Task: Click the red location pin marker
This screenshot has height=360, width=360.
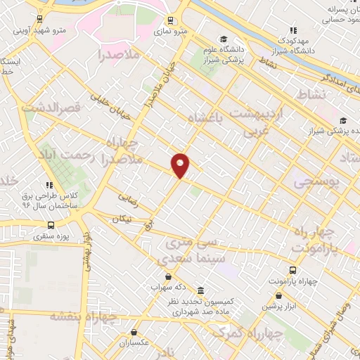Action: tap(181, 165)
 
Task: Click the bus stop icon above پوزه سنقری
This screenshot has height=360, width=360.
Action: tap(50, 225)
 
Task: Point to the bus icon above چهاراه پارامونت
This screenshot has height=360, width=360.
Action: tap(292, 270)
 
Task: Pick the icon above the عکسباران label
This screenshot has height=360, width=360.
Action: tap(136, 333)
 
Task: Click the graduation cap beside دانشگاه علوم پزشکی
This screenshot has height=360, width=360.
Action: tap(223, 39)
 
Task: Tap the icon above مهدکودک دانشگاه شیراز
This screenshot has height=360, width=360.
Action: tap(293, 30)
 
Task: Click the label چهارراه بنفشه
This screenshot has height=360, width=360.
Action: tap(77, 316)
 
